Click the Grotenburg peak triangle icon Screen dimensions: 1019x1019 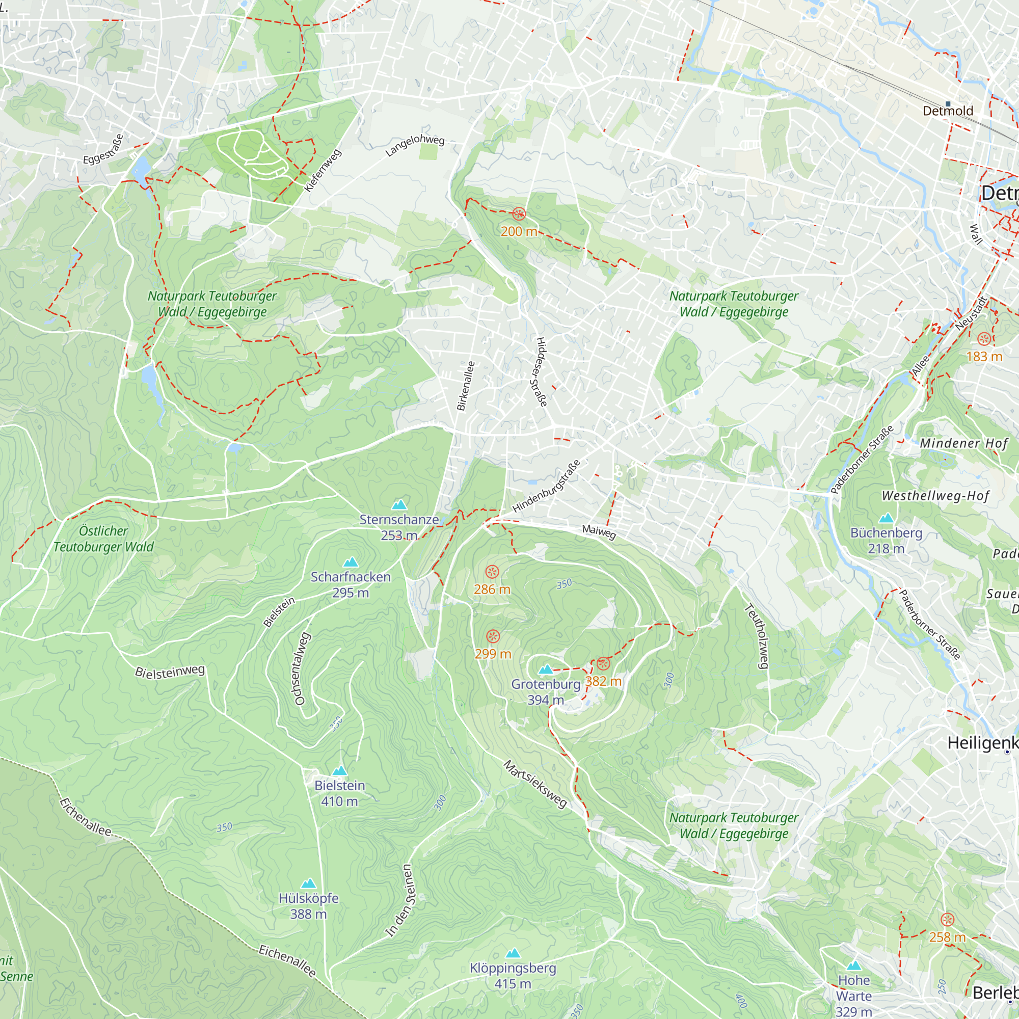pyautogui.click(x=546, y=670)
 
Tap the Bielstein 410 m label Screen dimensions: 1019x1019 pyautogui.click(x=340, y=793)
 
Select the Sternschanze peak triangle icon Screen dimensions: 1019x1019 pyautogui.click(x=399, y=505)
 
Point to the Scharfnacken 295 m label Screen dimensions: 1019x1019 pyautogui.click(x=350, y=584)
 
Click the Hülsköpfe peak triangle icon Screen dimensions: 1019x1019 pyautogui.click(x=308, y=883)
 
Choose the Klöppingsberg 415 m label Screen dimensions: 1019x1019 pyautogui.click(x=513, y=976)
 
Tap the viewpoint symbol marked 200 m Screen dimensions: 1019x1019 pyautogui.click(x=519, y=214)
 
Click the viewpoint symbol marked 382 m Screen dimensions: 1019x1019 pyautogui.click(x=603, y=664)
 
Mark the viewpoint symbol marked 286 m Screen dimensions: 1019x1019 pyautogui.click(x=492, y=572)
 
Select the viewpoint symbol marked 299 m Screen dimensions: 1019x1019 pyautogui.click(x=493, y=636)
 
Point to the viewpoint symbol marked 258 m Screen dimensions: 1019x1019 pyautogui.click(x=947, y=920)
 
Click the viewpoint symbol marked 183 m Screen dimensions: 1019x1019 pyautogui.click(x=984, y=339)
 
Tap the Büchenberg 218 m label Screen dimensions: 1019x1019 pyautogui.click(x=886, y=541)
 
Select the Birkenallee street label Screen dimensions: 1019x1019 pyautogui.click(x=466, y=386)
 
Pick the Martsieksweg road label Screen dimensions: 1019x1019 pyautogui.click(x=535, y=784)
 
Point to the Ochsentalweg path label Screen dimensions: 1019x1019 pyautogui.click(x=300, y=668)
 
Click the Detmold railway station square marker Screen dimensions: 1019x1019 pyautogui.click(x=948, y=104)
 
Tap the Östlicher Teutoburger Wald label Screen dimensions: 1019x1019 pyautogui.click(x=103, y=539)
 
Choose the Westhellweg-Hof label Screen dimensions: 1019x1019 pyautogui.click(x=935, y=496)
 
